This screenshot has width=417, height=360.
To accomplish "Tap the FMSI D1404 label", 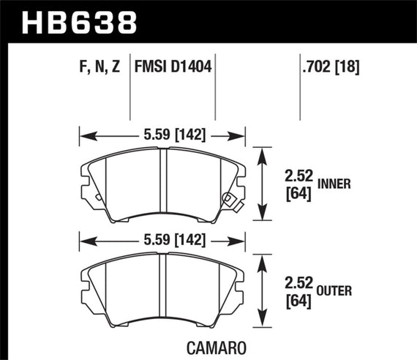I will click(x=173, y=69).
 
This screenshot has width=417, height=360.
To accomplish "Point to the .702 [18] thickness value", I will click(x=330, y=69).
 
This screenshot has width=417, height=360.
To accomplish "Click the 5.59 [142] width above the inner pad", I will click(x=162, y=135).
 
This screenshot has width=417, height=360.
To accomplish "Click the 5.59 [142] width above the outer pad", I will click(x=162, y=239).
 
